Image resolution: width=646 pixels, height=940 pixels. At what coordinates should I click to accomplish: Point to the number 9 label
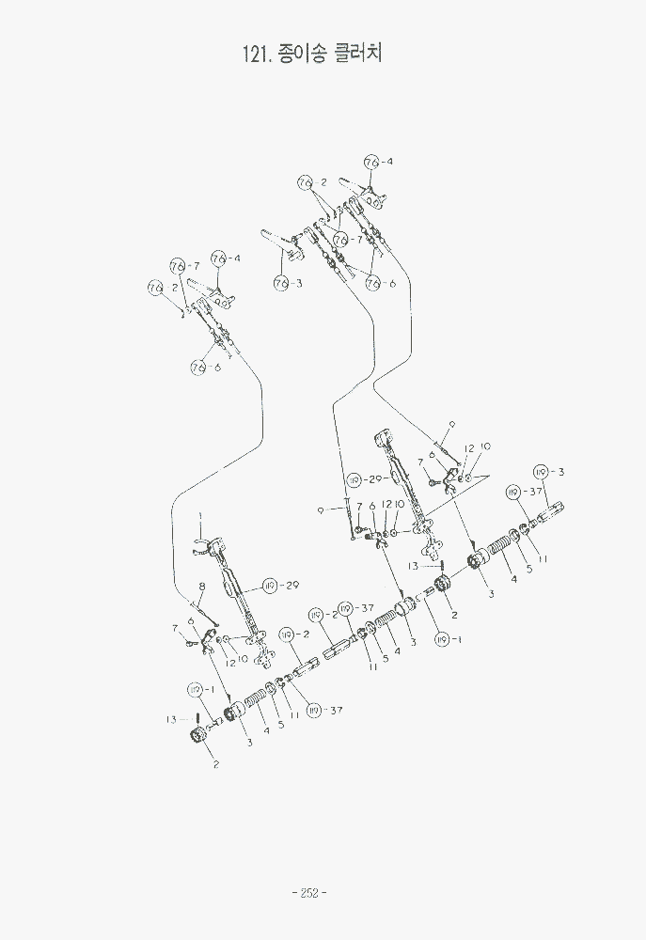[x=321, y=510]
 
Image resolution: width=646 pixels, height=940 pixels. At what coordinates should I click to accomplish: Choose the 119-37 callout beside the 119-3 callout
[x=512, y=492]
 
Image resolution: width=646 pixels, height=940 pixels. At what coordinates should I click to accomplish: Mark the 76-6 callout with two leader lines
[x=373, y=282]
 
